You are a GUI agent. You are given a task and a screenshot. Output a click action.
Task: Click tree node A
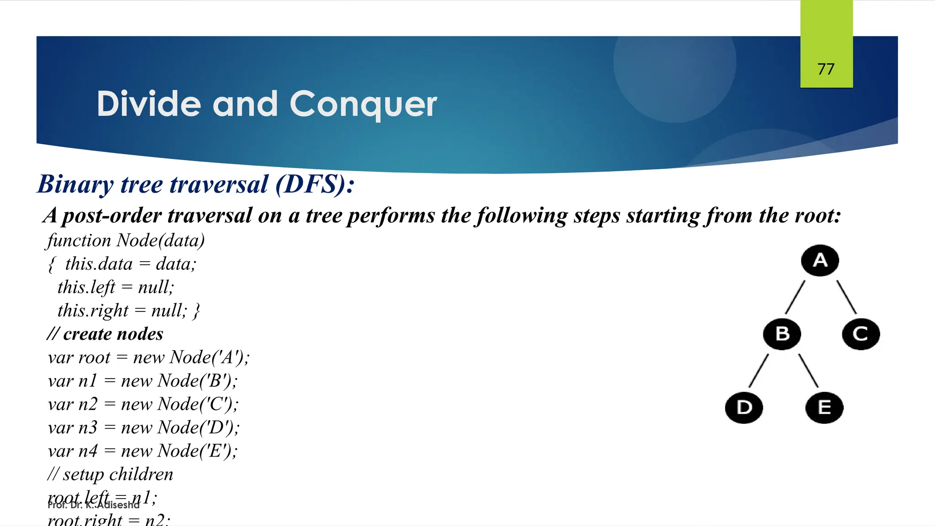click(x=820, y=261)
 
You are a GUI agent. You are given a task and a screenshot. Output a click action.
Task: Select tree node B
click(x=782, y=334)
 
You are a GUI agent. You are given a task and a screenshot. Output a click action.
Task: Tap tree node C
click(x=861, y=334)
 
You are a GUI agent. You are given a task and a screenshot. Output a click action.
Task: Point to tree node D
click(x=744, y=407)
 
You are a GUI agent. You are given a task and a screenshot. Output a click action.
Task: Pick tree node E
click(x=824, y=407)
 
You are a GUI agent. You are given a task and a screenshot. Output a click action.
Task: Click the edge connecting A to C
click(x=846, y=297)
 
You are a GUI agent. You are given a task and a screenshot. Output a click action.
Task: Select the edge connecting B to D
click(x=759, y=371)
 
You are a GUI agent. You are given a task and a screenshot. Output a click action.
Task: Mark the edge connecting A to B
click(x=795, y=297)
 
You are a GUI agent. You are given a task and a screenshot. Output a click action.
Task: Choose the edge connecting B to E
click(x=808, y=371)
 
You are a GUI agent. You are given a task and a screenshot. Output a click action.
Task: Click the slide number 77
click(x=826, y=69)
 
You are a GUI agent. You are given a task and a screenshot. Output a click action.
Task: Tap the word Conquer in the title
click(x=363, y=104)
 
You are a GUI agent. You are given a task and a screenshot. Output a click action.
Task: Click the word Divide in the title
click(x=149, y=104)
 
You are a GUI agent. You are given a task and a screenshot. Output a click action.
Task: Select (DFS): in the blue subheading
click(x=315, y=184)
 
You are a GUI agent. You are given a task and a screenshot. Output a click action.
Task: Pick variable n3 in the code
click(x=88, y=427)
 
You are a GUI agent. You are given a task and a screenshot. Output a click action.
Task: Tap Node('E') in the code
click(x=197, y=451)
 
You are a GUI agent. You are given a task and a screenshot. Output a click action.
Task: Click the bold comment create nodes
click(x=113, y=334)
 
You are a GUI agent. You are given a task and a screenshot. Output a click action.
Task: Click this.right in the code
click(x=93, y=310)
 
